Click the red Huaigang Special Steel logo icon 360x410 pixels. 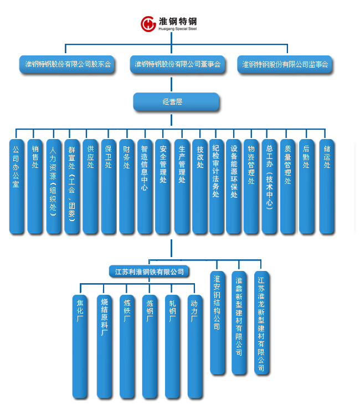[x=148, y=24]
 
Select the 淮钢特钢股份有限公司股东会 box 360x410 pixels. [x=68, y=64]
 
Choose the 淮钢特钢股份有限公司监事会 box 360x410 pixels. [x=285, y=64]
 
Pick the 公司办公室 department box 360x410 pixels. [x=17, y=186]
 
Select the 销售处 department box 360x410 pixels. [x=35, y=186]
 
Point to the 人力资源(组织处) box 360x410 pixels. [x=53, y=186]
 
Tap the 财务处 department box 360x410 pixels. [x=126, y=186]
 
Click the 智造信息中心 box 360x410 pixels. [x=145, y=186]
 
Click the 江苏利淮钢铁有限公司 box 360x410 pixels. [x=149, y=271]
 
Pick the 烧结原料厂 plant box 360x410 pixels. [x=104, y=346]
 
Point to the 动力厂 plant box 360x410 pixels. [x=194, y=346]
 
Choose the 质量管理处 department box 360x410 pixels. [x=287, y=186]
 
